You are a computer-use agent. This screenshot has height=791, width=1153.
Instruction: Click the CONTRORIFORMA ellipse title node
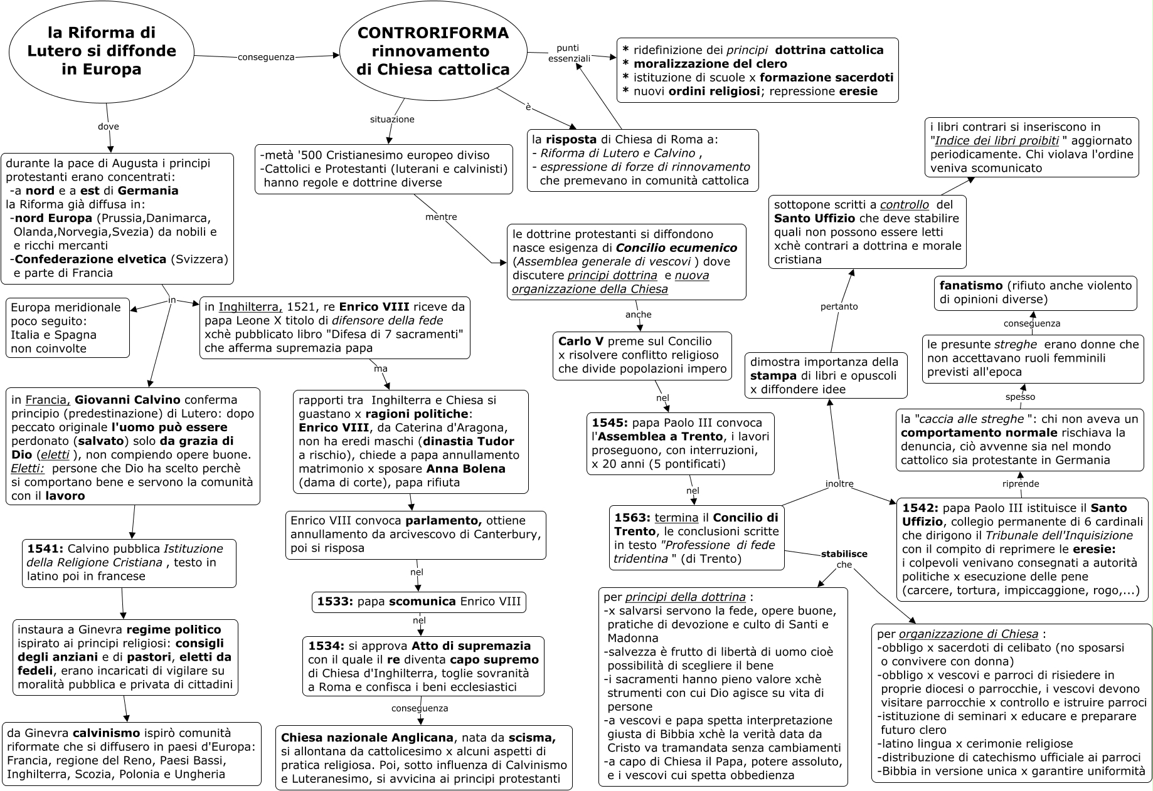point(433,51)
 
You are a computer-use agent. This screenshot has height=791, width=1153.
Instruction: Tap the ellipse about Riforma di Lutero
point(102,51)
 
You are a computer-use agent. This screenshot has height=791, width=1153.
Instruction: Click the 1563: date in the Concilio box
point(632,518)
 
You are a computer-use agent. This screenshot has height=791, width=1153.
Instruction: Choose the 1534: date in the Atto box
point(326,646)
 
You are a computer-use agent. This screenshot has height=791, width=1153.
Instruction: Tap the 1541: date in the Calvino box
point(45,548)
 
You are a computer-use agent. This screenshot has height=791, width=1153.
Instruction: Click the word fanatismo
point(970,286)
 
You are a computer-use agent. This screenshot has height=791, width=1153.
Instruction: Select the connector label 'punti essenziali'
point(568,53)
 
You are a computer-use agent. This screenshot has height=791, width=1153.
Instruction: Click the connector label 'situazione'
point(392,119)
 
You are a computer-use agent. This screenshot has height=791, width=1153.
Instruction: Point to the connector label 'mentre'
point(441,217)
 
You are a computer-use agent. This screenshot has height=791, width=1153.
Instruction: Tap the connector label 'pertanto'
point(839,306)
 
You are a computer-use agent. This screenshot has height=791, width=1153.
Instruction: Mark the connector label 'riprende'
point(1021,483)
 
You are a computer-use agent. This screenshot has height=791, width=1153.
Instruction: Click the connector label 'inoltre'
point(839,483)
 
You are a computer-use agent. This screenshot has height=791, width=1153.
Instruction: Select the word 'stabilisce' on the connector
point(844,553)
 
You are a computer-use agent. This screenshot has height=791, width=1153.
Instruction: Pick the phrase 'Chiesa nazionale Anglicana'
point(367,738)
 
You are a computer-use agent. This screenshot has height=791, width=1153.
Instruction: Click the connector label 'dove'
point(109,126)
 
